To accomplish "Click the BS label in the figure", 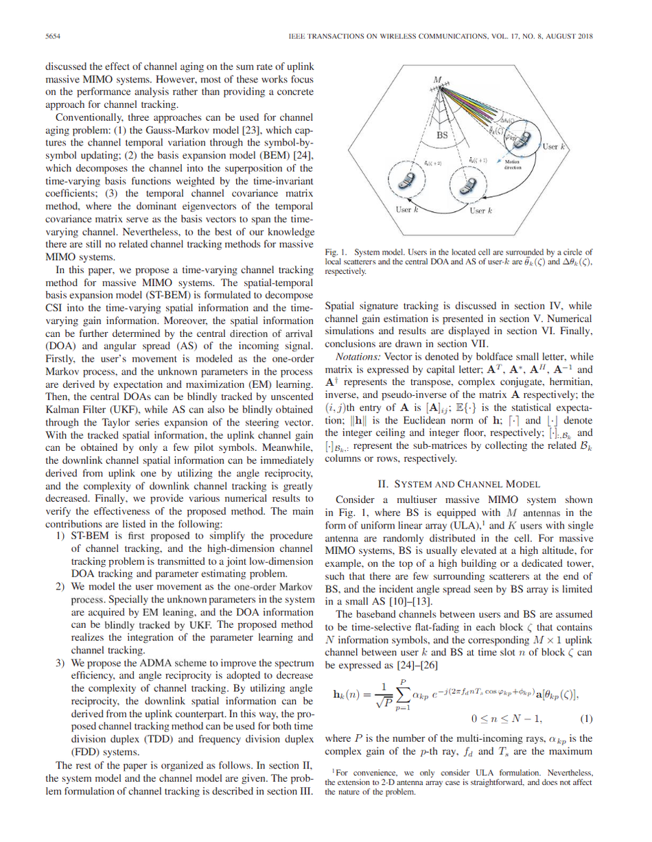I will pyautogui.click(x=443, y=135).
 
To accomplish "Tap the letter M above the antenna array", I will pyautogui.click(x=437, y=80).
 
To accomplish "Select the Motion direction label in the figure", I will pyautogui.click(x=513, y=164).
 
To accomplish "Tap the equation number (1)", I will pyautogui.click(x=585, y=719).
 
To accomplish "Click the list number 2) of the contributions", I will pyautogui.click(x=60, y=587).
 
